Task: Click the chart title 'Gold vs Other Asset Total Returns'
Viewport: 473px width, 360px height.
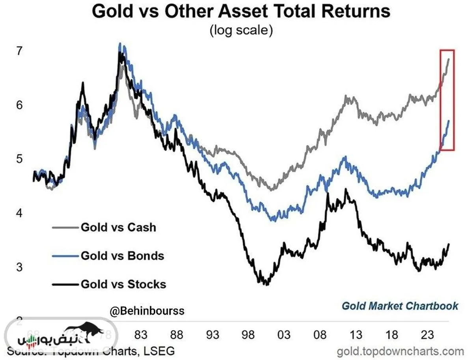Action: (x=241, y=12)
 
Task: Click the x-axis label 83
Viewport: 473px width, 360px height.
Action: (x=141, y=335)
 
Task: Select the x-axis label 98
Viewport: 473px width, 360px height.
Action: (x=248, y=335)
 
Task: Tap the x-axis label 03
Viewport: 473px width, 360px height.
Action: (x=284, y=335)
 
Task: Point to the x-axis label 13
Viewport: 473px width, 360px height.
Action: (x=356, y=335)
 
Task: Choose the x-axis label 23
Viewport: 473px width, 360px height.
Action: (x=428, y=335)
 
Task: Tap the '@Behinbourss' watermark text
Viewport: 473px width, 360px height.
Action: (x=147, y=312)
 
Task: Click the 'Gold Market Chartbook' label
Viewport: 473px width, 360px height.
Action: (x=400, y=306)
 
